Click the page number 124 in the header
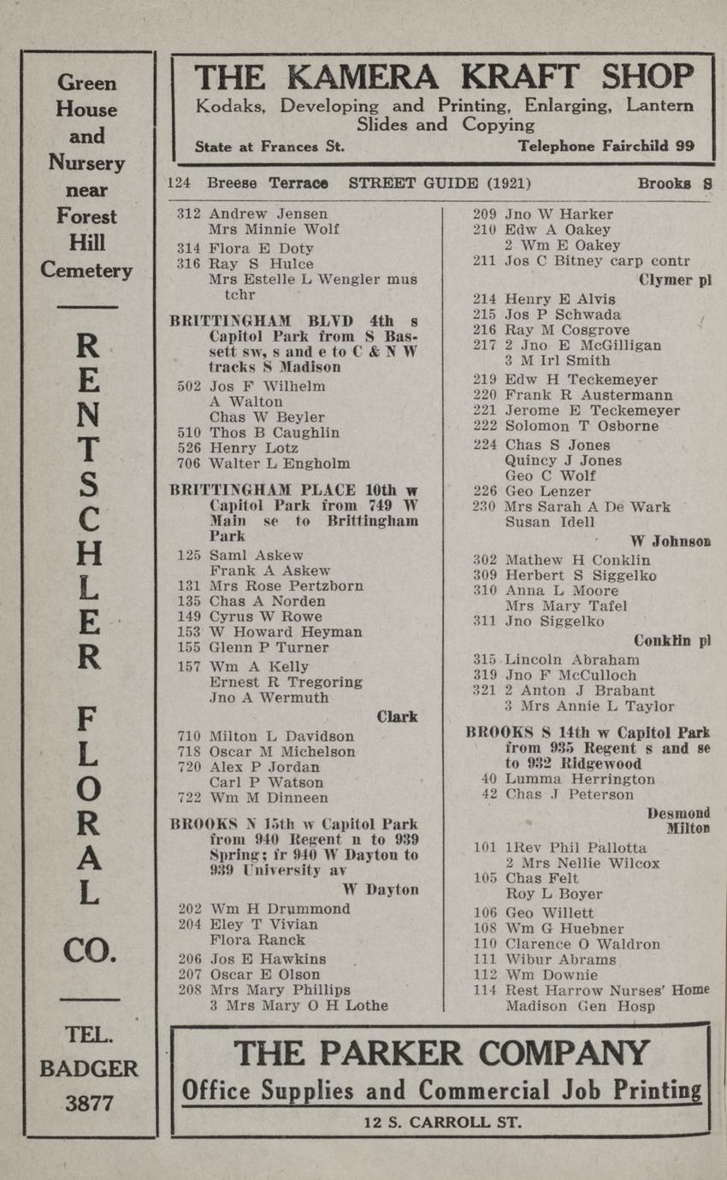(x=178, y=184)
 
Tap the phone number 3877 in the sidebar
(x=89, y=1103)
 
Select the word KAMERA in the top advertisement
(x=365, y=79)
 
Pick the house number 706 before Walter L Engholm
(x=188, y=463)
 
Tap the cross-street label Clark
(x=397, y=717)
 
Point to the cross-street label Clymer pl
(x=675, y=280)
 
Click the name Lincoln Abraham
(x=571, y=659)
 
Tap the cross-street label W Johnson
(x=671, y=540)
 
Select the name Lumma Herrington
(x=580, y=779)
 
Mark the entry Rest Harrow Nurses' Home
(x=606, y=990)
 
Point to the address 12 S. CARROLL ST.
(x=441, y=1122)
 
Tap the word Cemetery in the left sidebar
(x=86, y=271)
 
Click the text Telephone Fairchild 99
(x=606, y=146)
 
